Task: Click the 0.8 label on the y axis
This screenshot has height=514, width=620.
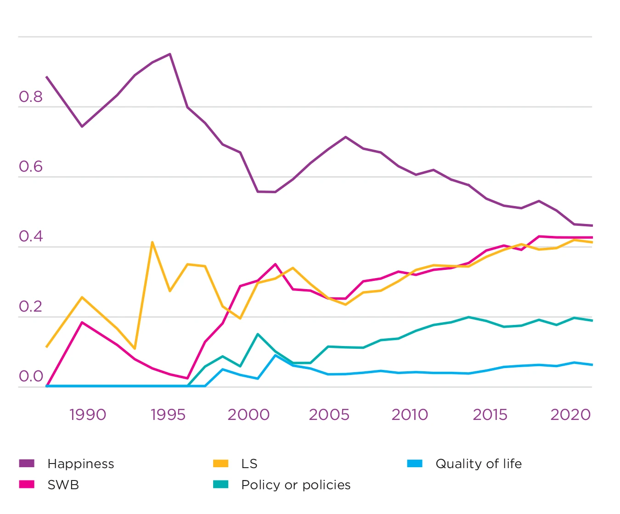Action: pos(30,97)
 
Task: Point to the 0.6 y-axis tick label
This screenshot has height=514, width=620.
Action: pos(30,167)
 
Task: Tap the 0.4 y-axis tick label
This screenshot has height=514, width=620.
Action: pos(30,236)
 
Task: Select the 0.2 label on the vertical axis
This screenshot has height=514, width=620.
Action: pos(30,307)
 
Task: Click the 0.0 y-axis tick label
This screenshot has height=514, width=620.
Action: pos(30,376)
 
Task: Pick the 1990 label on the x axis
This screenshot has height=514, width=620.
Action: pos(87,415)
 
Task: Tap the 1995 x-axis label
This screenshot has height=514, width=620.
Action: pos(168,415)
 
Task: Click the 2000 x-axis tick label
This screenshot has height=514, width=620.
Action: pos(248,415)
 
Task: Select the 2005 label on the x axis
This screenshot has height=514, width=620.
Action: pos(329,415)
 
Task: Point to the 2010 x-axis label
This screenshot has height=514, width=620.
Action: pos(410,415)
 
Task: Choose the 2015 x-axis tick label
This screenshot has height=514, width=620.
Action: pos(490,415)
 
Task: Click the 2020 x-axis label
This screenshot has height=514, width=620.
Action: pos(570,415)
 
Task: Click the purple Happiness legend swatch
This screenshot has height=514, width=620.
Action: pos(27,464)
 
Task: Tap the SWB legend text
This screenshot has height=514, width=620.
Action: pos(63,485)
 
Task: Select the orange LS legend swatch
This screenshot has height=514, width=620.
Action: pos(220,464)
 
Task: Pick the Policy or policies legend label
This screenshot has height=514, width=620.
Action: pos(296,485)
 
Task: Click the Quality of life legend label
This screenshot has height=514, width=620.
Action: pos(479,464)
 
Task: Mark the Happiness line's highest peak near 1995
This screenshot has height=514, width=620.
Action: pos(170,54)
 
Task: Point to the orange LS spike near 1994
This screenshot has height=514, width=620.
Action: pos(152,242)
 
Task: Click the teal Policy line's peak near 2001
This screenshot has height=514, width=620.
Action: pos(258,334)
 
